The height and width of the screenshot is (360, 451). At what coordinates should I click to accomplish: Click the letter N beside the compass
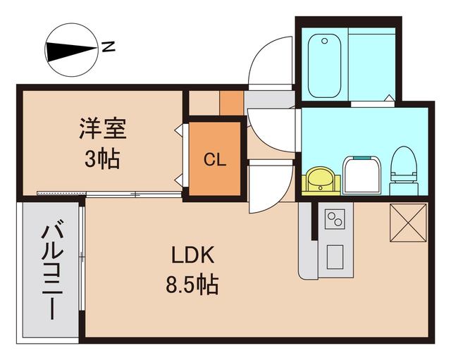click(108, 47)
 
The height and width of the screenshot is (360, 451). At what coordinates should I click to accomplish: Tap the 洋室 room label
click(101, 130)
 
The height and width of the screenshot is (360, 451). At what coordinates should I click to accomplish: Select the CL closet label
click(215, 159)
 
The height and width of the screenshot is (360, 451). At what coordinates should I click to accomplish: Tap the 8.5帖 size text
click(191, 285)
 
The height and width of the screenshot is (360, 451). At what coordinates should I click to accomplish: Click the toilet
click(404, 170)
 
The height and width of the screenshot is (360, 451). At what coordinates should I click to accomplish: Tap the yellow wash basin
click(321, 180)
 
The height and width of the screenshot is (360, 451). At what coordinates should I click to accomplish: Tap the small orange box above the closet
click(231, 102)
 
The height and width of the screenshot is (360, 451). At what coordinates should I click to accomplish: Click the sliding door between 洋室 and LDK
click(109, 194)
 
